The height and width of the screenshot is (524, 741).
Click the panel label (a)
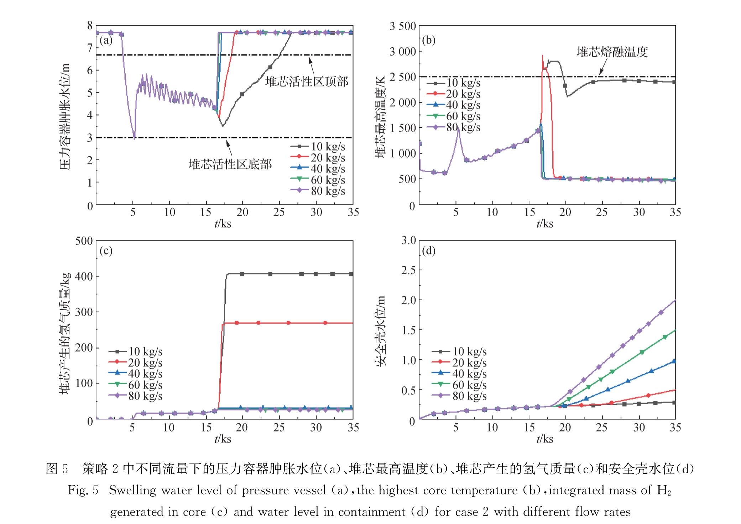(106, 40)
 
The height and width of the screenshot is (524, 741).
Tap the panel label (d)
(428, 251)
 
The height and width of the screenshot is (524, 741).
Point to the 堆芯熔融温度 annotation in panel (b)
(612, 52)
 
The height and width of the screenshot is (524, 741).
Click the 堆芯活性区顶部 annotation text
(307, 81)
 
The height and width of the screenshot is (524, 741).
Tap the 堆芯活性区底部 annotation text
(230, 164)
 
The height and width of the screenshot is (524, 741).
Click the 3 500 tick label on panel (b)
(402, 26)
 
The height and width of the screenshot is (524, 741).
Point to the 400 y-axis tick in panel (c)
(84, 276)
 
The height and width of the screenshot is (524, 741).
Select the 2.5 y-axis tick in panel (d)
(408, 270)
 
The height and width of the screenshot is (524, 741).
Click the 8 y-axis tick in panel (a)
(90, 26)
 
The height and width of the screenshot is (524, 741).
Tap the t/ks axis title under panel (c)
(223, 439)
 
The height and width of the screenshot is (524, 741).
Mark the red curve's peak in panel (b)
(542, 55)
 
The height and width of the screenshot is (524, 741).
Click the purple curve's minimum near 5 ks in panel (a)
(134, 139)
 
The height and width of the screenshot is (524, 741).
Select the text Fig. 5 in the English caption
(83, 490)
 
